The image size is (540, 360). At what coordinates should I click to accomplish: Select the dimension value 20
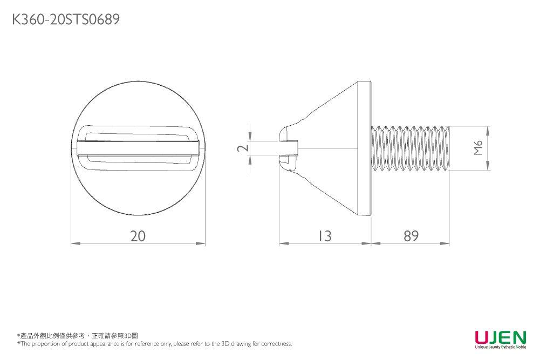[138, 236]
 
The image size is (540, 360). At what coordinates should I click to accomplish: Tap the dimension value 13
[324, 236]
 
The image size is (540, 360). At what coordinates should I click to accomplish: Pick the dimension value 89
[411, 236]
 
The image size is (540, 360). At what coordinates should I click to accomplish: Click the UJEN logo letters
[500, 338]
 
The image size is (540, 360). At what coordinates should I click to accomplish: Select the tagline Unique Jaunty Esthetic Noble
[500, 348]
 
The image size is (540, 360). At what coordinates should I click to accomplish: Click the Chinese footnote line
[78, 336]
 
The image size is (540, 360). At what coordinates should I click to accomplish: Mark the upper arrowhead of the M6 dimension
[488, 130]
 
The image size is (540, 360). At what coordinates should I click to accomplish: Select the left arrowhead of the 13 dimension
[282, 244]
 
